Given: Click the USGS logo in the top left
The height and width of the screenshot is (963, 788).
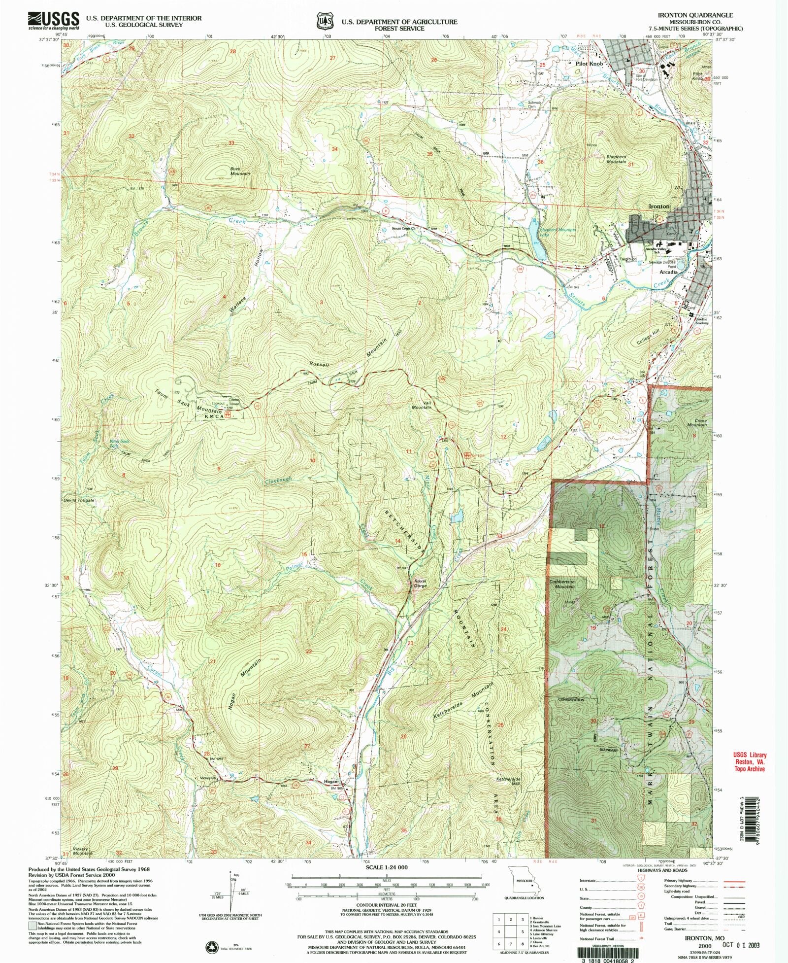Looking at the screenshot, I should click(54, 20).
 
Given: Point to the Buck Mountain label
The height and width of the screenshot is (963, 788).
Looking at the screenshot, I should click(240, 171).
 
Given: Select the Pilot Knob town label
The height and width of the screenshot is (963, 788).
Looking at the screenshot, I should click(589, 64).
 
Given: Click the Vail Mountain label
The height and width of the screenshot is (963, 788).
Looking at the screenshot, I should click(422, 405).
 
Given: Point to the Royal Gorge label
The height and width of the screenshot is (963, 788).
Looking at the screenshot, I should click(420, 583).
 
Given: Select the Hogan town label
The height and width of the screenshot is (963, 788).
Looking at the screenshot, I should click(330, 782).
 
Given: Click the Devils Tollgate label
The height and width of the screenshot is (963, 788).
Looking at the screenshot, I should click(79, 500).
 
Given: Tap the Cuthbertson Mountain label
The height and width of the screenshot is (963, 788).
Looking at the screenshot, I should click(562, 584).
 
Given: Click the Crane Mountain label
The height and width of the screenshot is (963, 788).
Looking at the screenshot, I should click(697, 422).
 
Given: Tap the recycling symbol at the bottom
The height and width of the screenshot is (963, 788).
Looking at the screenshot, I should click(213, 947).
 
